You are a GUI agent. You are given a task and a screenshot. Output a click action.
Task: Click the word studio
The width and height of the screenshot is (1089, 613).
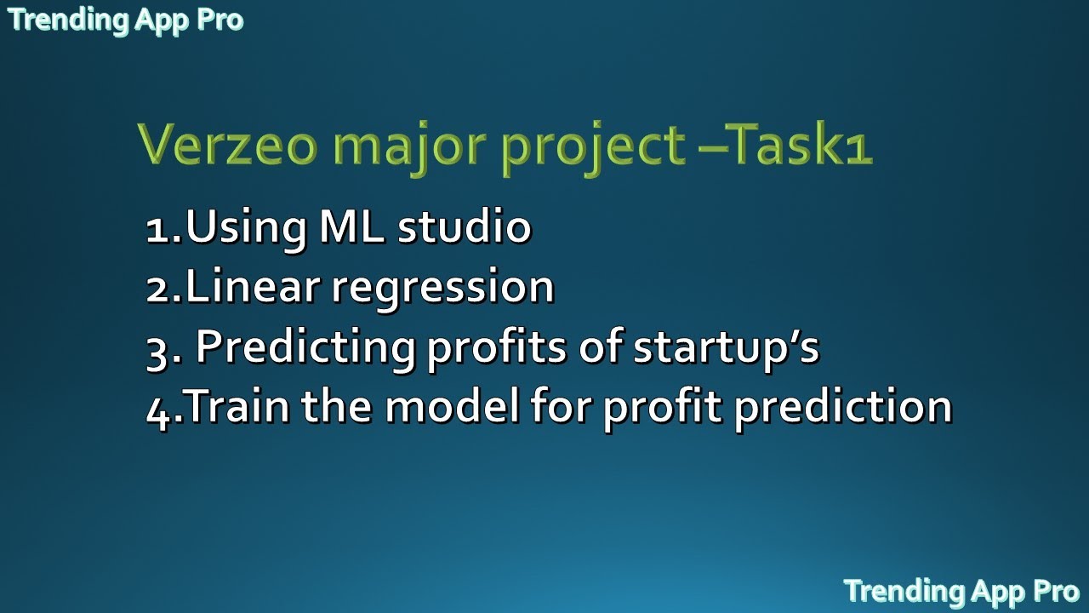pyautogui.click(x=465, y=226)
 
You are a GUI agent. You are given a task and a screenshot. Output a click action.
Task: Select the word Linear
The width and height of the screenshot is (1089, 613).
pyautogui.click(x=252, y=287)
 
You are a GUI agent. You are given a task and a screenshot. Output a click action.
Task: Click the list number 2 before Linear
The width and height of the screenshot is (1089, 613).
pyautogui.click(x=159, y=289)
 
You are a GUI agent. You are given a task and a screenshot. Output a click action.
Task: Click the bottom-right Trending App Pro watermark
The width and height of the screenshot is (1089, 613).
pyautogui.click(x=961, y=590)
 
